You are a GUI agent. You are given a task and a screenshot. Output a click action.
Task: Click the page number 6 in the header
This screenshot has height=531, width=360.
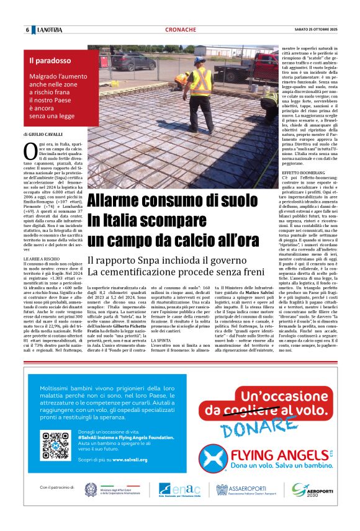coord(28,30)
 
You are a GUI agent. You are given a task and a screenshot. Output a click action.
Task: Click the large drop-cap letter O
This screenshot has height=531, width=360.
coord(30,149)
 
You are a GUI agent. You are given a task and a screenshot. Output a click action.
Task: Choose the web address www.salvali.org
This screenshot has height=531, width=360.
coord(130,460)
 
